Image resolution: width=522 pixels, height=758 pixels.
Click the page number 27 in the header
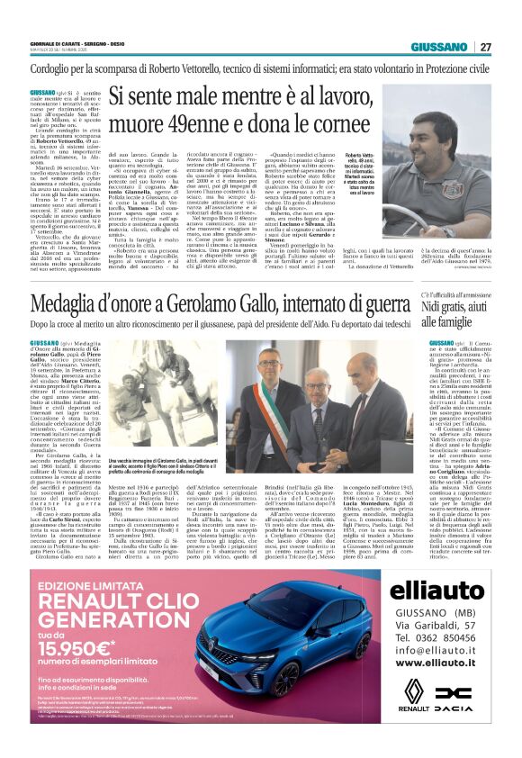click(485, 47)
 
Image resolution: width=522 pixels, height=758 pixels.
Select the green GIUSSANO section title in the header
click(438, 47)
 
